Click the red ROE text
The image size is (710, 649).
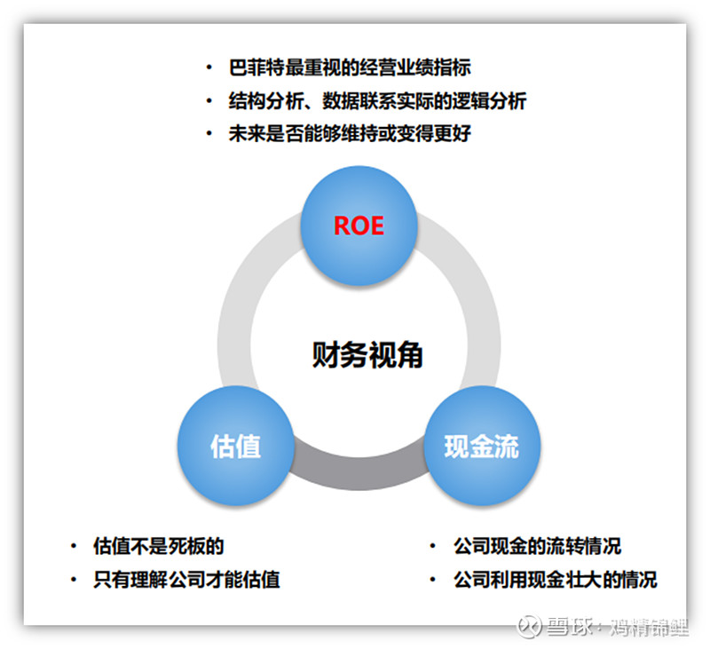tap(359, 226)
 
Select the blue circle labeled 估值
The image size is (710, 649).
tap(235, 446)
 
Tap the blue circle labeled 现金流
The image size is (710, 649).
tap(482, 446)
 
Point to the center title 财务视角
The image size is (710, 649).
tap(367, 354)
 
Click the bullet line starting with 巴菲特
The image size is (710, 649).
tap(350, 67)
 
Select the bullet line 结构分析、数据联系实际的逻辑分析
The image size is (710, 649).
tap(377, 100)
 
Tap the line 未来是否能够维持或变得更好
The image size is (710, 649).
tap(350, 133)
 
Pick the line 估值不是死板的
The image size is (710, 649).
tap(159, 546)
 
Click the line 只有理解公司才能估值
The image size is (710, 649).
tap(186, 579)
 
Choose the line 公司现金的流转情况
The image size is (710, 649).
tap(538, 546)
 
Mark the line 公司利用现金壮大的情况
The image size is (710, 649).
tap(556, 579)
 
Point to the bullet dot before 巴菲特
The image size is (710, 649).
tap(209, 67)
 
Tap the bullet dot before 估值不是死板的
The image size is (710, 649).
tap(74, 546)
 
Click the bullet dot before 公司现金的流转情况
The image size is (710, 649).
tap(433, 546)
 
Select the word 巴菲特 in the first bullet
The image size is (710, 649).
tap(256, 67)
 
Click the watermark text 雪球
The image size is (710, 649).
tap(569, 627)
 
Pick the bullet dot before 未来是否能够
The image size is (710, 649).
tap(209, 133)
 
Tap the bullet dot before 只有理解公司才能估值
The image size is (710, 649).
tap(74, 579)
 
